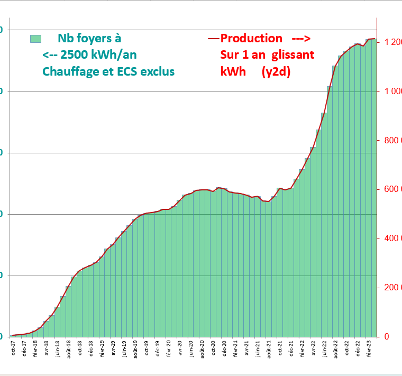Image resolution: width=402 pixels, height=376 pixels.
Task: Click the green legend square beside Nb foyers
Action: click(36, 39)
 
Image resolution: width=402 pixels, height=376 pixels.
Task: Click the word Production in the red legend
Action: click(251, 39)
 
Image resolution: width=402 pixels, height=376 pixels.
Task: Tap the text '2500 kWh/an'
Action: click(101, 55)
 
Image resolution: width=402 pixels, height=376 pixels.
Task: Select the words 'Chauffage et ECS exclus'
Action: click(108, 71)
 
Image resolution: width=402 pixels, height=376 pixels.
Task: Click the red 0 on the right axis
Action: click(387, 337)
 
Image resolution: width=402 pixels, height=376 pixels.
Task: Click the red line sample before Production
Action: click(214, 39)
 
